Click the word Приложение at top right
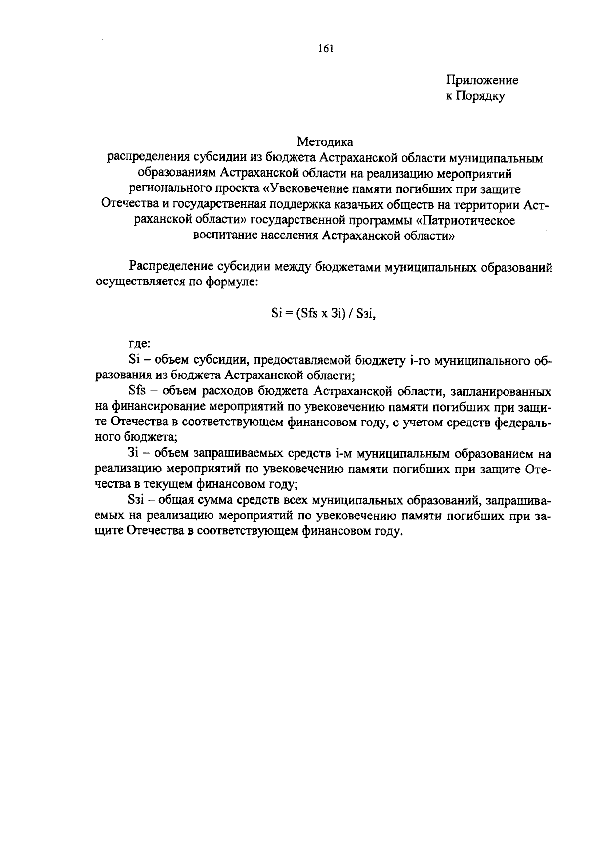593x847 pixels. click(482, 80)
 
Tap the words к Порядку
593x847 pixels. click(475, 96)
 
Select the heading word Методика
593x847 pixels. click(325, 142)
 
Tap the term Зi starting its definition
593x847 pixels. click(134, 454)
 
